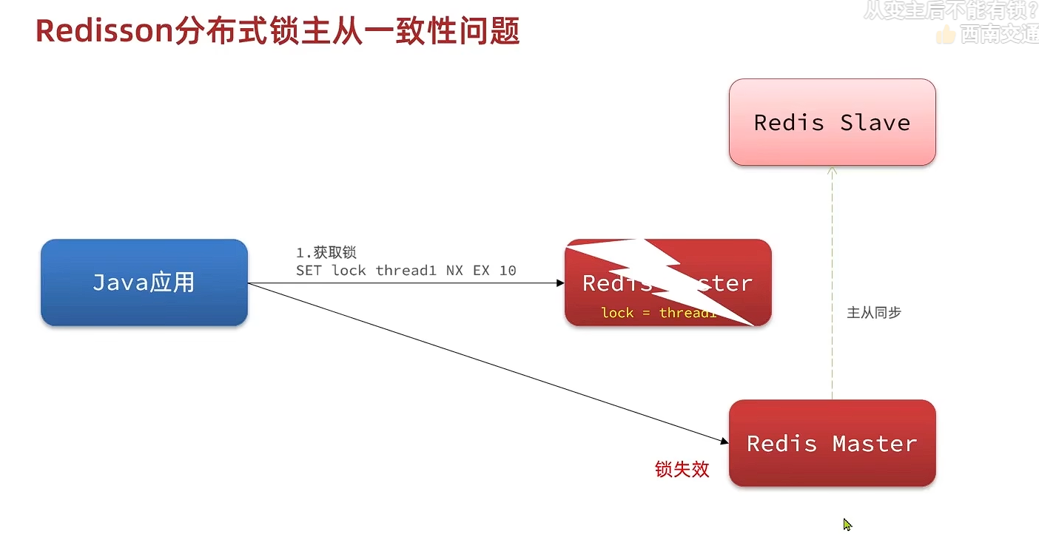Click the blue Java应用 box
pos(144,283)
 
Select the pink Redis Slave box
pos(832,122)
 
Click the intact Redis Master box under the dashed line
pos(832,443)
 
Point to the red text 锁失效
pos(682,469)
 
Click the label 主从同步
pos(873,313)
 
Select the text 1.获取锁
pos(326,253)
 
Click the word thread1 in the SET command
pos(406,271)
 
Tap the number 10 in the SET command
pos(508,271)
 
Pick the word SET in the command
pos(309,271)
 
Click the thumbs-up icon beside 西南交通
pos(945,34)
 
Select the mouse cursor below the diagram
pos(847,524)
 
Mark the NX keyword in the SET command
pos(454,271)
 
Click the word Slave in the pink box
pos(875,123)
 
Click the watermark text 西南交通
pos(999,34)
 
